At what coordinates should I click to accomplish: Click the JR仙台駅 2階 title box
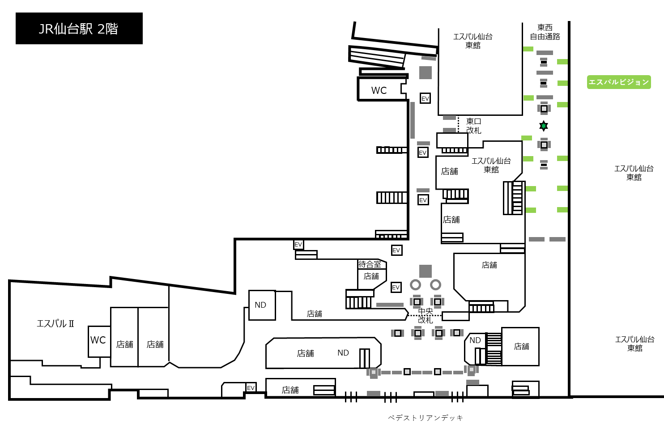coord(79,29)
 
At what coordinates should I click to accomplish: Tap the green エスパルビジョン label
coord(619,82)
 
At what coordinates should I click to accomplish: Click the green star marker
coord(543,126)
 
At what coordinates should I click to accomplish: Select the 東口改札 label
coord(474,126)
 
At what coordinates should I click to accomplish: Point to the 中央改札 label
coord(426,316)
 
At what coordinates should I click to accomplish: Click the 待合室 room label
coord(370,264)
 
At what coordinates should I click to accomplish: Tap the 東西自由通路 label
coord(545,32)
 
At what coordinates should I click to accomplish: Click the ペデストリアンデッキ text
coord(426,418)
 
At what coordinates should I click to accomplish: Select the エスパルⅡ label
coord(55,323)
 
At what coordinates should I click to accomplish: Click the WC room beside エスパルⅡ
coord(99,341)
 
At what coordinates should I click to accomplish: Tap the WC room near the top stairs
coord(381,89)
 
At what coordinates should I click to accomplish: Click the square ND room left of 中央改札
coord(262,305)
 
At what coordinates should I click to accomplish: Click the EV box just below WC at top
coord(425,98)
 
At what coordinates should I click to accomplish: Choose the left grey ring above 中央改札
coord(415,284)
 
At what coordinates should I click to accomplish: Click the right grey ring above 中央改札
coord(435,284)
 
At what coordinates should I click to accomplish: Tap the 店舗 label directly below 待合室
coord(371,276)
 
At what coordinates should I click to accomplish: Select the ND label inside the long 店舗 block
coord(343,353)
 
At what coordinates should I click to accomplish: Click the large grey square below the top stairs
coord(426,72)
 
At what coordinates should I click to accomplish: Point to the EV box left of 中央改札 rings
coord(396,287)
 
